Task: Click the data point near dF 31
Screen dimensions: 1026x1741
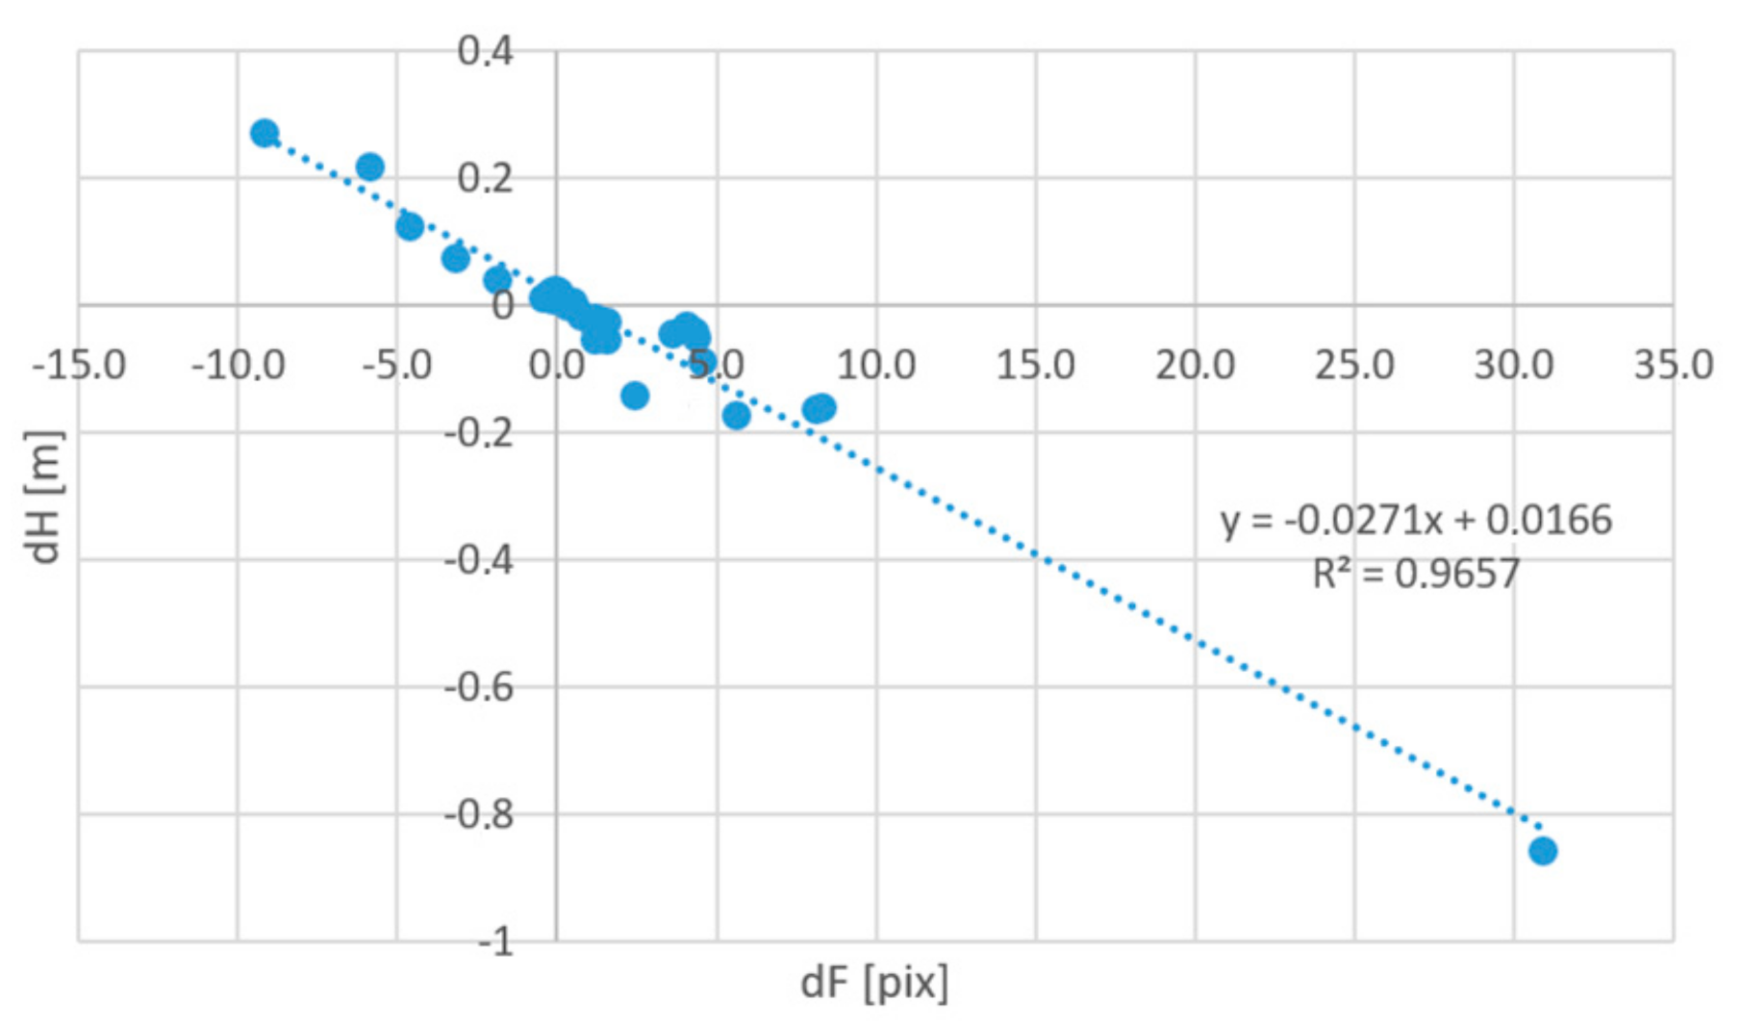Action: [x=1542, y=851]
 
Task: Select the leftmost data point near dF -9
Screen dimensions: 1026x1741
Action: [x=265, y=133]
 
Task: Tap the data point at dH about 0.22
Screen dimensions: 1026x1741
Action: [x=369, y=167]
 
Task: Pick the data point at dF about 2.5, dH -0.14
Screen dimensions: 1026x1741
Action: [x=635, y=395]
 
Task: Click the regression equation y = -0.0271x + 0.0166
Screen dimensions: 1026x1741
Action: [x=1416, y=521]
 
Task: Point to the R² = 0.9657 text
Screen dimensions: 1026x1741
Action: [x=1416, y=575]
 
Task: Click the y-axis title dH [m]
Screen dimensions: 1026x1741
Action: [x=44, y=496]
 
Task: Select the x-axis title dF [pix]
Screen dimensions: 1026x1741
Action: [x=874, y=983]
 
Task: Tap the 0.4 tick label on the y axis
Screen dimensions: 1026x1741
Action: [x=485, y=51]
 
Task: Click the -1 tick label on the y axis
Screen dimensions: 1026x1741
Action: [x=496, y=941]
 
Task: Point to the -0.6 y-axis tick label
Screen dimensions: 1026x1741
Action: [x=478, y=687]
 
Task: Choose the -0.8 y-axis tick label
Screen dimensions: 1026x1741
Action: [x=478, y=815]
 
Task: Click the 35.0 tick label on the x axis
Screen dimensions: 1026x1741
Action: [x=1673, y=366]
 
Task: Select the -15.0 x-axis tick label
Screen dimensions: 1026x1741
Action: [x=79, y=366]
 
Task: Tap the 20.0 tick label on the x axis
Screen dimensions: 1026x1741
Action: [x=1195, y=366]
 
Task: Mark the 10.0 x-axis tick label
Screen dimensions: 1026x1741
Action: [x=875, y=366]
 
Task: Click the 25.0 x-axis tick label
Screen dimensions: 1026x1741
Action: [x=1354, y=366]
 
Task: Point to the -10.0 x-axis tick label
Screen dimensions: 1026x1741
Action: [x=238, y=366]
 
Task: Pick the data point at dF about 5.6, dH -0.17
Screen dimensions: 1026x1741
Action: [x=736, y=415]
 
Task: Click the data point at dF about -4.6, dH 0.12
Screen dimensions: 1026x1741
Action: [x=410, y=226]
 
